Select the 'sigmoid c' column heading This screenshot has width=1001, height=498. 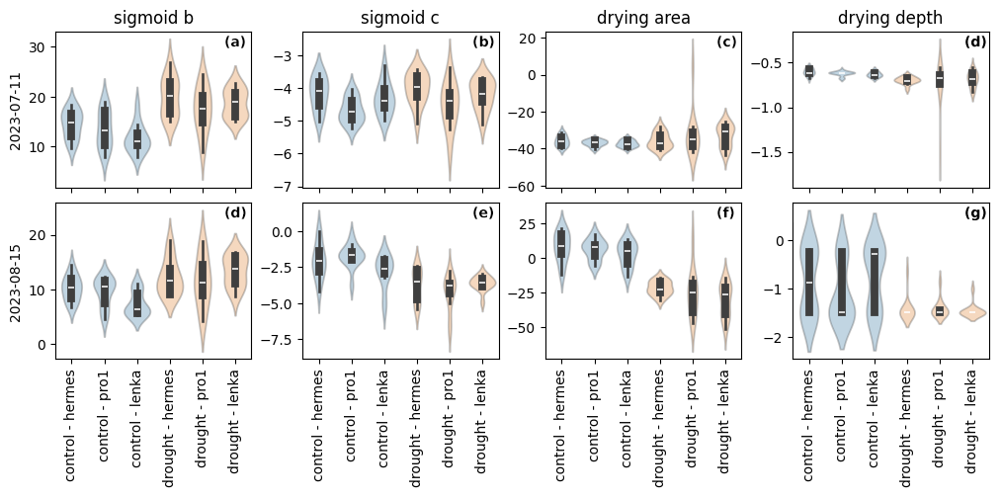pyautogui.click(x=399, y=18)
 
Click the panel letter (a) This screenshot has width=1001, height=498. pyautogui.click(x=235, y=42)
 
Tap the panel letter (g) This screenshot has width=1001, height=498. pyautogui.click(x=974, y=213)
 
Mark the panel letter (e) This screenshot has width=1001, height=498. pyautogui.click(x=483, y=213)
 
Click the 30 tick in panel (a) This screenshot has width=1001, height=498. pyautogui.click(x=41, y=47)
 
